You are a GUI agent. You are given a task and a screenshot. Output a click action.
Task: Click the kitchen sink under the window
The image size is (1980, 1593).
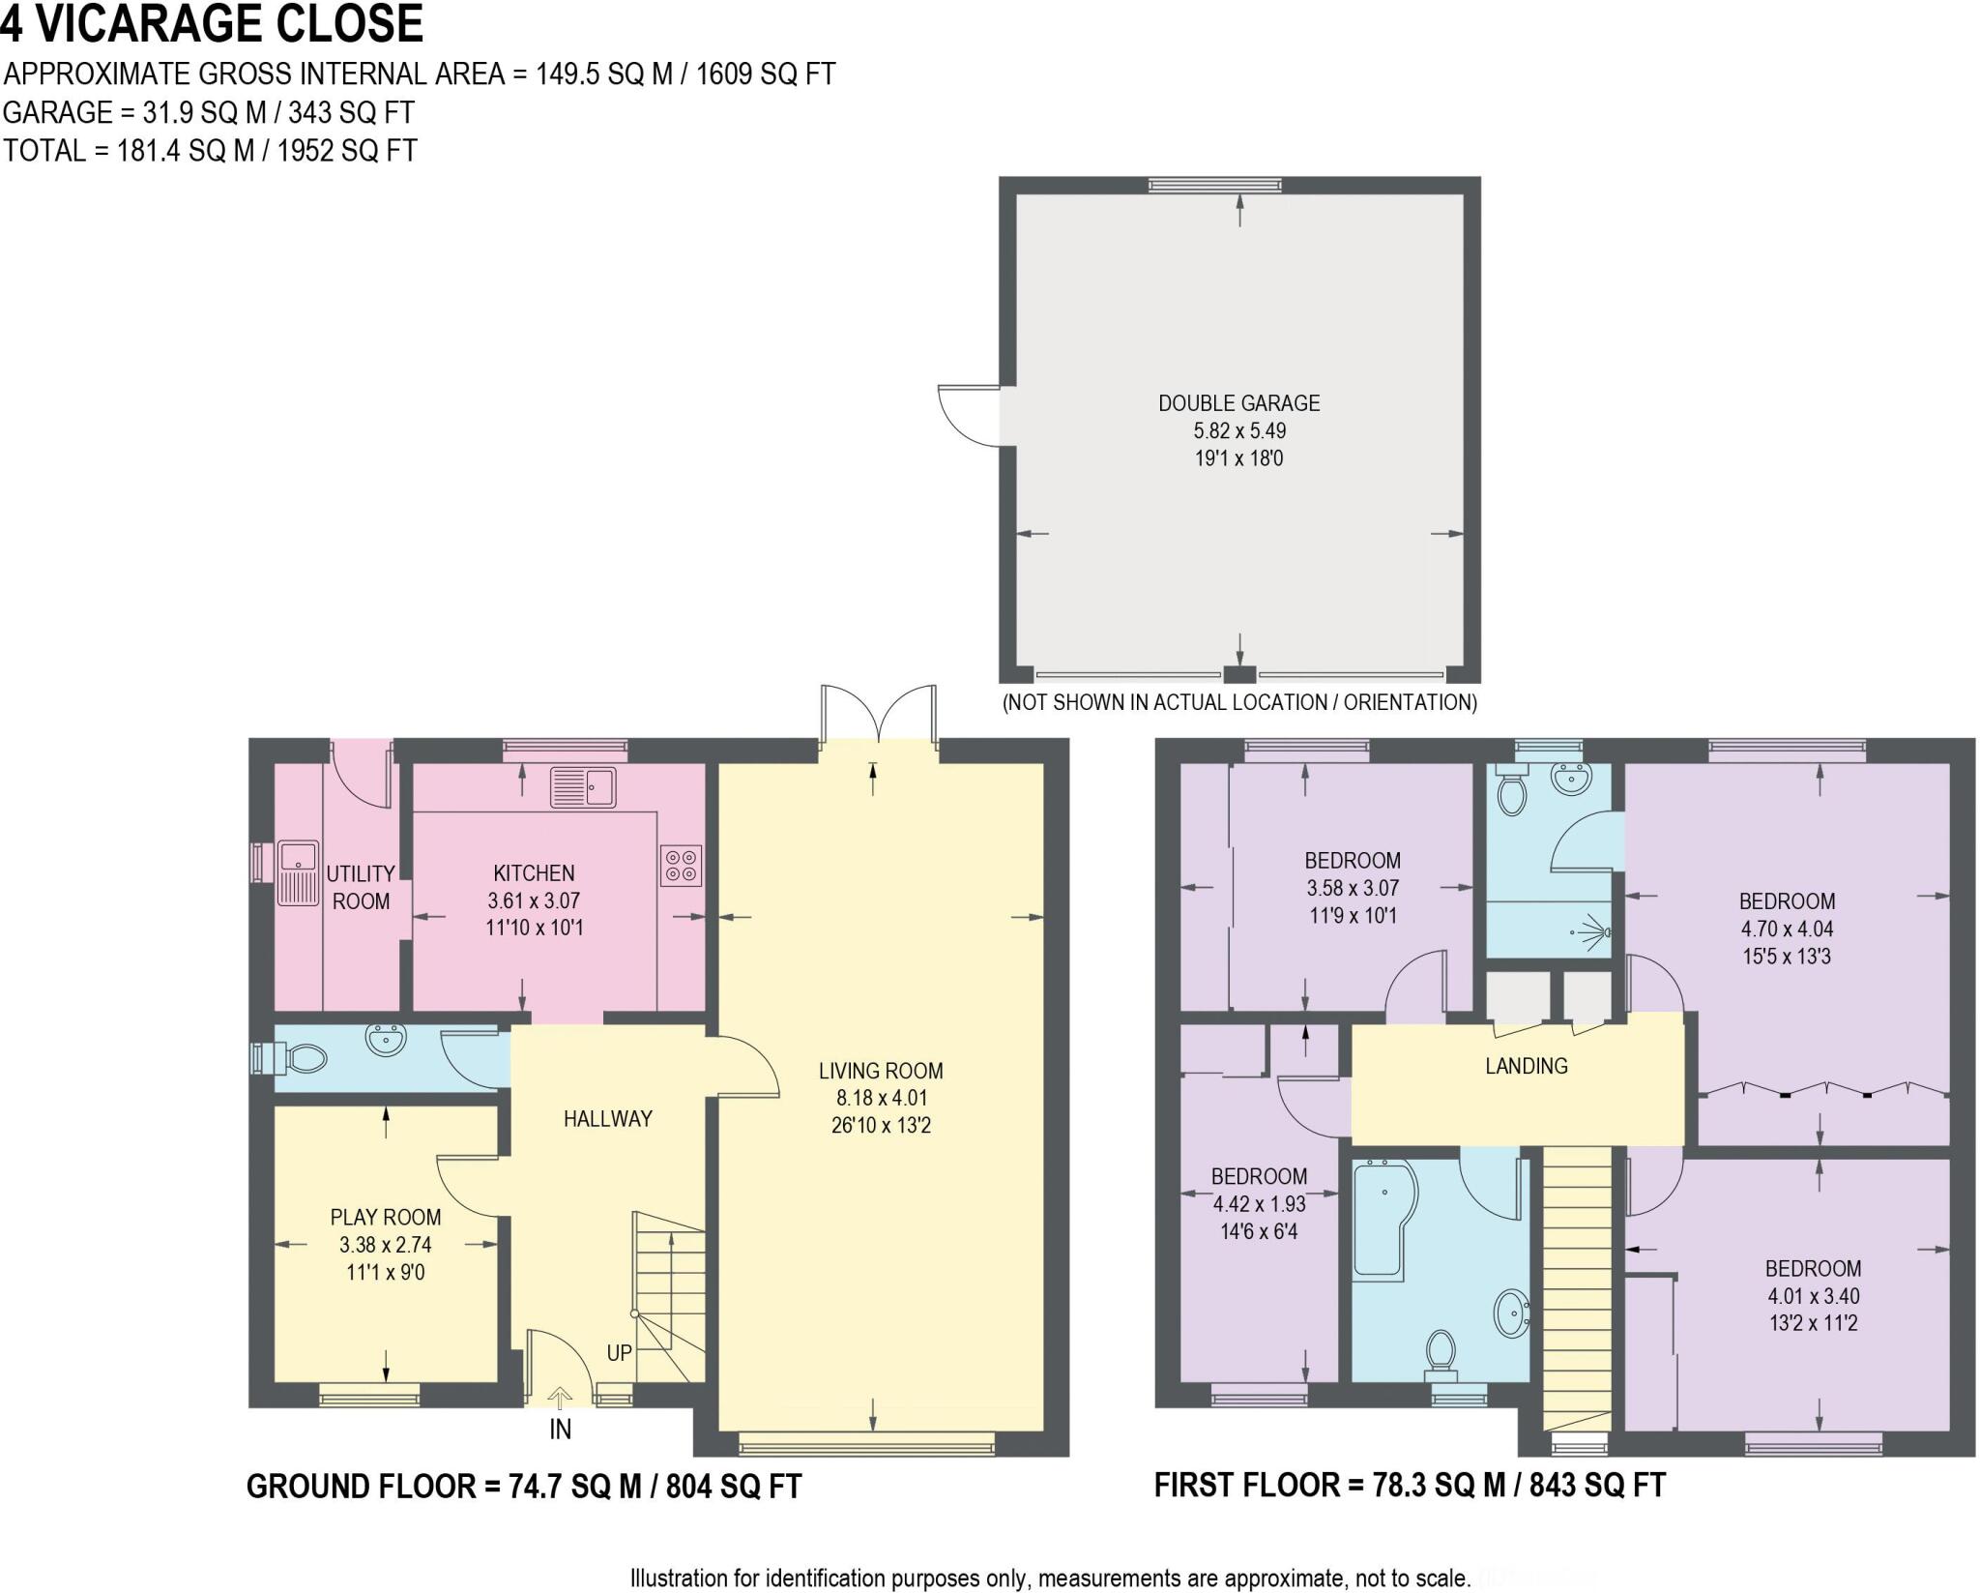[x=583, y=786]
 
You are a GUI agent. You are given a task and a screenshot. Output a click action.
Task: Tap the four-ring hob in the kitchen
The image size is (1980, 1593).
[x=681, y=865]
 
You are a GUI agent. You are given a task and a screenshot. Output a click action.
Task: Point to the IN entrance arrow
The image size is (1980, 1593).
[x=560, y=1398]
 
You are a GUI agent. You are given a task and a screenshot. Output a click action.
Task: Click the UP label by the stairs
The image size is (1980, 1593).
[x=619, y=1352]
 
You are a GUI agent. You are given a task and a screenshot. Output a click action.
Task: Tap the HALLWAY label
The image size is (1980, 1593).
[x=607, y=1119]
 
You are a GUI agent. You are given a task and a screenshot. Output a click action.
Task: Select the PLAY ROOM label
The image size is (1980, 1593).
[x=386, y=1218]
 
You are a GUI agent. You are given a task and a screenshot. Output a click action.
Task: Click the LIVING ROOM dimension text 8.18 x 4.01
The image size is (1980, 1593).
[x=880, y=1098]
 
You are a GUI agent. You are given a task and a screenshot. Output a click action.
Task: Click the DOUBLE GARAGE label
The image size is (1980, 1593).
[x=1238, y=403]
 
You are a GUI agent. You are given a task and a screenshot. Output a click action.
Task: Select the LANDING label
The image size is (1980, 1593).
[x=1526, y=1066]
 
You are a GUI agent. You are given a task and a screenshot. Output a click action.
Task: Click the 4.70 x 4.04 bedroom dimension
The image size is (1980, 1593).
[x=1786, y=929]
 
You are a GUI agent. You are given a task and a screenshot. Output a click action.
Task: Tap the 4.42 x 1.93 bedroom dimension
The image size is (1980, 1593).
[x=1259, y=1204]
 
